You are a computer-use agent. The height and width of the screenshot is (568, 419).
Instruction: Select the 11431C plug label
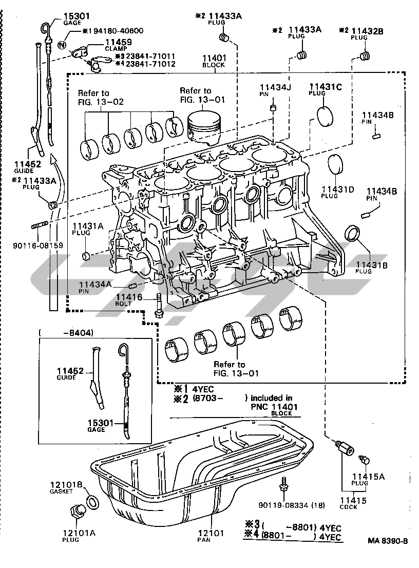pos(325,87)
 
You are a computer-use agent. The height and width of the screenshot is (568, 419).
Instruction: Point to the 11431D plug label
pos(338,189)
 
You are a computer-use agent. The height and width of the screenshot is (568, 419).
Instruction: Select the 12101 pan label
pos(213,534)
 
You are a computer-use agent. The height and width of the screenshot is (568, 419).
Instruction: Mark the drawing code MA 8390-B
pos(388,541)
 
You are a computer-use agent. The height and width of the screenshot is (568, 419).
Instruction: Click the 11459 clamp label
pos(118,42)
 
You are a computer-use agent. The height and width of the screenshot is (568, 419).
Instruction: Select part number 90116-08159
pos(38,245)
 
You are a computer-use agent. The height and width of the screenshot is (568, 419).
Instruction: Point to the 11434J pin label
pos(275,87)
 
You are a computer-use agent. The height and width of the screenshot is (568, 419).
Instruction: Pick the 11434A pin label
pos(95,284)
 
